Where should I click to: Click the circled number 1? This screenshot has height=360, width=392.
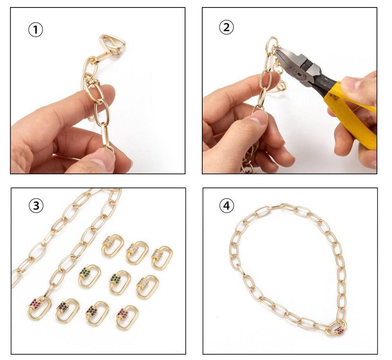pos(35,30)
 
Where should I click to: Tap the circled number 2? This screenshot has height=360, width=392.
pos(226,27)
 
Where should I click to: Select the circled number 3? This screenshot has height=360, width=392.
pos(36,205)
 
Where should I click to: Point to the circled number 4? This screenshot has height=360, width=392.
pos(227,205)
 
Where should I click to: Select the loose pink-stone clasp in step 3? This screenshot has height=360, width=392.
pos(127,317)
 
